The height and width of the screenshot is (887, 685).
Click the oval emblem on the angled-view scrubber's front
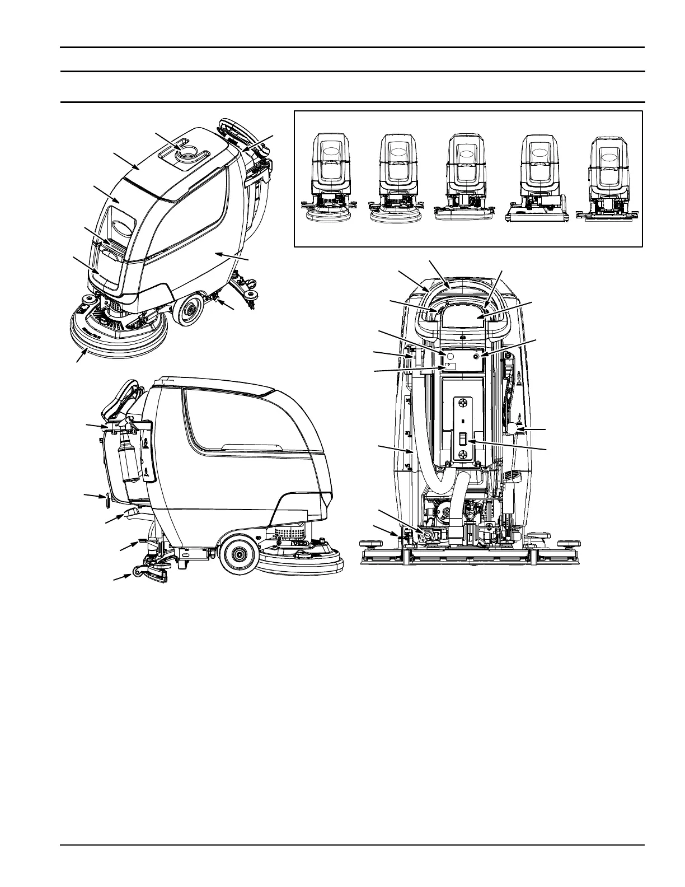pyautogui.click(x=119, y=227)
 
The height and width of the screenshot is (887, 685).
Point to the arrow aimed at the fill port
pyautogui.click(x=166, y=141)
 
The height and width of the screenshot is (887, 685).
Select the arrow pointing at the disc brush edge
pyautogui.click(x=82, y=354)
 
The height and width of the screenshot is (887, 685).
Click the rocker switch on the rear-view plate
pyautogui.click(x=463, y=439)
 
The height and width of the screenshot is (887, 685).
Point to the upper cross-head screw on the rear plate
pyautogui.click(x=463, y=403)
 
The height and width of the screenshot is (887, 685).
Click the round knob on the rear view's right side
pyautogui.click(x=514, y=430)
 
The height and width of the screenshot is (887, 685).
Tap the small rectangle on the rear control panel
pyautogui.click(x=450, y=366)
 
